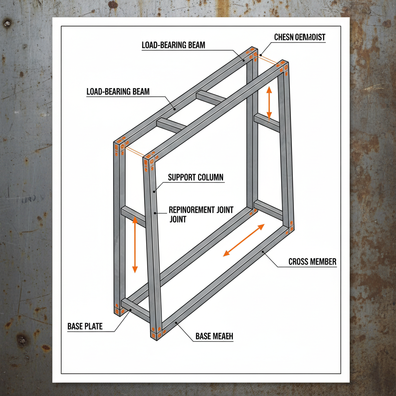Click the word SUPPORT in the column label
(182, 178)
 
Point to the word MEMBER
(324, 262)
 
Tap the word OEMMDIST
(311, 38)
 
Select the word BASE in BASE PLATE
(75, 326)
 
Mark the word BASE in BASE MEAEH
(203, 336)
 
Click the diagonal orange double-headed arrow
(244, 240)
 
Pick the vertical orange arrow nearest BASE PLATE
(135, 244)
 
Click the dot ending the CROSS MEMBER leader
(263, 252)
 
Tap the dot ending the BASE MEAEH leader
(176, 322)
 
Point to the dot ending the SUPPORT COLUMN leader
(154, 191)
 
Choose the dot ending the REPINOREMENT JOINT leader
(154, 212)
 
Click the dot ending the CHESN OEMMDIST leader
(261, 55)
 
